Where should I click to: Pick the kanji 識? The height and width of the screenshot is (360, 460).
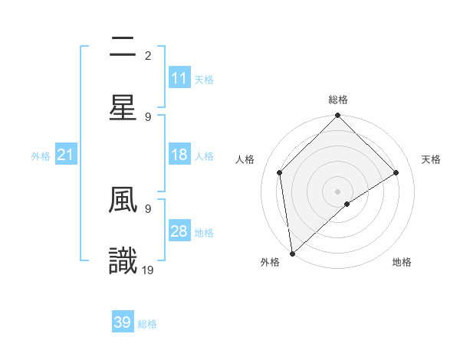(123, 260)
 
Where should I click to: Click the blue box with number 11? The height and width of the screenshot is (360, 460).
(179, 78)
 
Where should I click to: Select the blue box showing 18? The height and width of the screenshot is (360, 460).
(179, 155)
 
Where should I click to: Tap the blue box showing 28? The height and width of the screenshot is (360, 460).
(179, 232)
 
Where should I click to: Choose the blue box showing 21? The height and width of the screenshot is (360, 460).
(66, 155)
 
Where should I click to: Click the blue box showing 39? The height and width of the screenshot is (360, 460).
(123, 322)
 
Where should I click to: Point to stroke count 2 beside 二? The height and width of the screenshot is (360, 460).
(148, 55)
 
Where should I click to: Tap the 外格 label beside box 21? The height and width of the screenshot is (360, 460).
(41, 156)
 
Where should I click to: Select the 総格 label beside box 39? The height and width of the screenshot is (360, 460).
(147, 324)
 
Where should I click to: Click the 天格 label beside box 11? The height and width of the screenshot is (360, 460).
(204, 79)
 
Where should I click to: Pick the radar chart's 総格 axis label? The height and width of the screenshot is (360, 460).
(338, 100)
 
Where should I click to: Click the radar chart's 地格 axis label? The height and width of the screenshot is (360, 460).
(402, 263)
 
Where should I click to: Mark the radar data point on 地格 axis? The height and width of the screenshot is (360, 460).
(347, 204)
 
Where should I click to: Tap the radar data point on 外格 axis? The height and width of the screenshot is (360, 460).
(292, 253)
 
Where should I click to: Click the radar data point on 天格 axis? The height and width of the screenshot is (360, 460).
(396, 172)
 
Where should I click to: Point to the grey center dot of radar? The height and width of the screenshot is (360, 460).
(338, 191)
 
